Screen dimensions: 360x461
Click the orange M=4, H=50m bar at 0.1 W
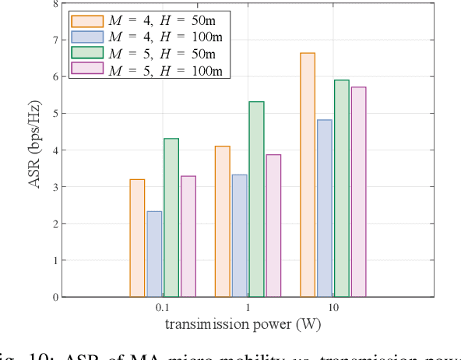click(137, 238)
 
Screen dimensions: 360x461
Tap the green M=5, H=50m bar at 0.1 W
click(171, 217)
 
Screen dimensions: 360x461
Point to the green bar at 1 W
click(256, 199)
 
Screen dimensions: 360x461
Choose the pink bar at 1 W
click(273, 226)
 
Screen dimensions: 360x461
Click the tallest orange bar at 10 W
click(308, 175)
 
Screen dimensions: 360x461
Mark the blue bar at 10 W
click(325, 208)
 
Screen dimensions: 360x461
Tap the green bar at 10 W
click(342, 189)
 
